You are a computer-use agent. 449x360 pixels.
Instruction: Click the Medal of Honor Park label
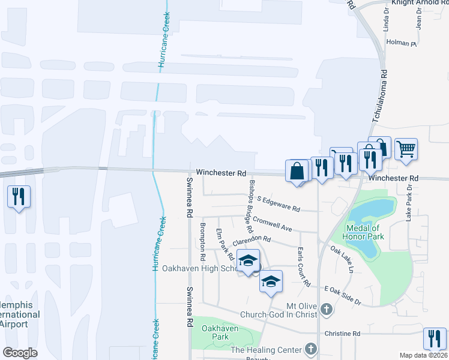pos(363,232)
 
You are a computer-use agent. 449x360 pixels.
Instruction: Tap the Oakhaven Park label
pos(220,332)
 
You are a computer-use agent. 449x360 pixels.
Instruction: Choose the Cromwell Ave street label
pos(272,224)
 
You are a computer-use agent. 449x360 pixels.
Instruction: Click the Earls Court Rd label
pos(303,266)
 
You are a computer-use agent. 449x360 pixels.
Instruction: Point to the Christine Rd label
pos(342,334)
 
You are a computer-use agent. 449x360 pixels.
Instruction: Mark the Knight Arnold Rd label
pos(417,2)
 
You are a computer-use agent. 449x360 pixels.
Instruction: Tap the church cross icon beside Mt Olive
pos(326,310)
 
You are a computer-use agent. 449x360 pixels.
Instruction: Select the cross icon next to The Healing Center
pos(310,348)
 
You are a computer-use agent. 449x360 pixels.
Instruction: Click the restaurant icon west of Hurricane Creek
pos(19,196)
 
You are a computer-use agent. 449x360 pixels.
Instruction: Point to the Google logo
pos(20,352)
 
